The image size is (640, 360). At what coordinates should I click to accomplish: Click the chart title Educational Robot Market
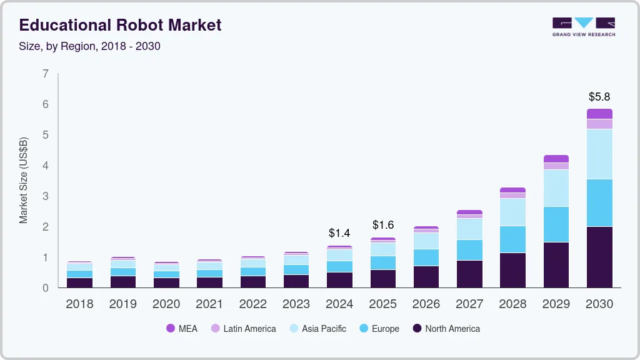(120, 26)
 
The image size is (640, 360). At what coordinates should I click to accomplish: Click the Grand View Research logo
(583, 26)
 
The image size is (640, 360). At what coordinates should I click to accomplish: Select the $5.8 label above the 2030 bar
(599, 97)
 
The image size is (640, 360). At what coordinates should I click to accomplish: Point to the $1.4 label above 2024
(339, 233)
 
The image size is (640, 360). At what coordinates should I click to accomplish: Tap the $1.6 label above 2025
(383, 224)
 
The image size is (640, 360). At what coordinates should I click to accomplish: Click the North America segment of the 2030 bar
(599, 257)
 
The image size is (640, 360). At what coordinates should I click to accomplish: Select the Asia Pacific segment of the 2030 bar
(599, 154)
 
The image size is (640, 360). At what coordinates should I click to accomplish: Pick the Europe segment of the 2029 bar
(556, 224)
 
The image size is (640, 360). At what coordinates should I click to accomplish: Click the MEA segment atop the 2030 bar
(599, 114)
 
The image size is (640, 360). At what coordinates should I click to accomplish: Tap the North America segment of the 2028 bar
(512, 270)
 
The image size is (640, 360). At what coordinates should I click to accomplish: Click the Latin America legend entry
(243, 329)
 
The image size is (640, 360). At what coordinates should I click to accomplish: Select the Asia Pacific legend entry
(317, 329)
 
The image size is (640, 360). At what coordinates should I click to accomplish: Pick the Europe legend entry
(379, 329)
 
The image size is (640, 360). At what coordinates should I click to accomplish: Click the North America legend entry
(446, 329)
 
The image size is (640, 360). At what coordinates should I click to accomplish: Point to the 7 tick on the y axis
(46, 74)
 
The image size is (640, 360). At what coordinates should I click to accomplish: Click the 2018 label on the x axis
(79, 304)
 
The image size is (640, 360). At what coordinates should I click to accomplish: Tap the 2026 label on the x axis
(426, 304)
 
